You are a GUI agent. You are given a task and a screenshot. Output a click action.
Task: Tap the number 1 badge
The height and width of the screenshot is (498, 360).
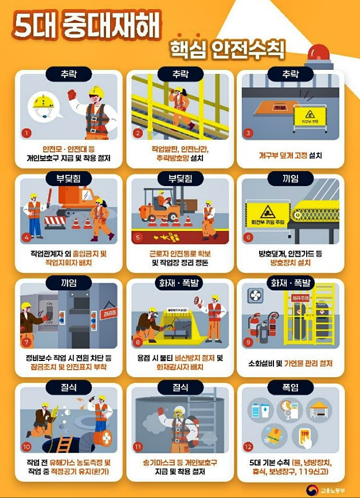click(26, 134)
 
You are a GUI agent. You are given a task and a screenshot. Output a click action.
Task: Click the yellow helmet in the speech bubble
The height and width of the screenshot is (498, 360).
click(43, 103)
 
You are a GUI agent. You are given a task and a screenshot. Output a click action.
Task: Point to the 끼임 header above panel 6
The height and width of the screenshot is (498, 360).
click(290, 179)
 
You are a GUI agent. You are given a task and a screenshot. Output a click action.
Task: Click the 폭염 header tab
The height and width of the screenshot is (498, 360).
click(290, 388)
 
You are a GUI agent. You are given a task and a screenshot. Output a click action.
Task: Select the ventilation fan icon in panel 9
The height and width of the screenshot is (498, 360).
click(255, 296)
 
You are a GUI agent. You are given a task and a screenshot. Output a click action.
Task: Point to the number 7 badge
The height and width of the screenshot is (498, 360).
click(26, 343)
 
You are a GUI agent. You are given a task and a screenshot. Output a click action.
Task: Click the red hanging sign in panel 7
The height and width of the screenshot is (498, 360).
click(107, 313)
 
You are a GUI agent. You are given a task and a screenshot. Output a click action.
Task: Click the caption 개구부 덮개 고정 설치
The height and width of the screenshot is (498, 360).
click(290, 155)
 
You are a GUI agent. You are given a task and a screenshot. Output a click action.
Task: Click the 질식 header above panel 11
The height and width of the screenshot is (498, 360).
click(180, 388)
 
